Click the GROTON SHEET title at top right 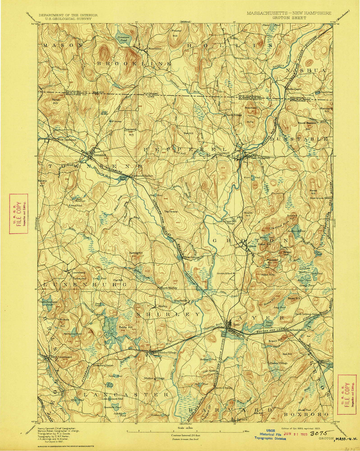(x=288, y=17)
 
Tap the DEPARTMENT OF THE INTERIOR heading (x=68, y=15)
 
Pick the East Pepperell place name (x=260, y=158)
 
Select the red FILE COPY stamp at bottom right (x=347, y=394)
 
